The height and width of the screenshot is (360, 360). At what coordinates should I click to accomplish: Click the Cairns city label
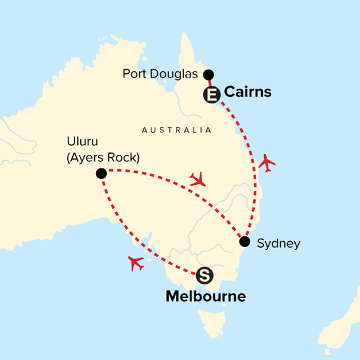click(x=247, y=92)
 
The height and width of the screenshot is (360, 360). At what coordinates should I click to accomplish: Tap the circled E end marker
click(x=211, y=94)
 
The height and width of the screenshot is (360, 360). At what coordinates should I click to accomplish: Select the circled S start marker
click(x=205, y=275)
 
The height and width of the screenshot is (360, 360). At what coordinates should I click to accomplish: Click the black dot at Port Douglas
click(x=208, y=74)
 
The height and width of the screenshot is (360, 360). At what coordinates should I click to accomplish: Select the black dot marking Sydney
click(x=244, y=242)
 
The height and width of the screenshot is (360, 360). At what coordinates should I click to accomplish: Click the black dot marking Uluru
click(x=101, y=173)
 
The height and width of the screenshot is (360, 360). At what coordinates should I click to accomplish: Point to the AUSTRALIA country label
click(x=176, y=130)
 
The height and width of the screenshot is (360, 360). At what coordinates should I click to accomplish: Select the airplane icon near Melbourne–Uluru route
click(x=136, y=262)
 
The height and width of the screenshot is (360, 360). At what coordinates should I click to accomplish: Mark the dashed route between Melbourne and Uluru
click(x=129, y=231)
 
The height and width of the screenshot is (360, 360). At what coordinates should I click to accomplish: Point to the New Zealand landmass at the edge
click(x=342, y=336)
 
